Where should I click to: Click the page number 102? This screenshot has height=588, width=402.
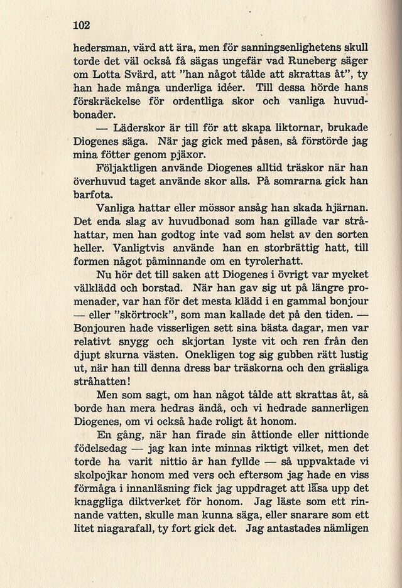(82, 26)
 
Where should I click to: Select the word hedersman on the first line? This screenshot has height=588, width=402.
(102, 47)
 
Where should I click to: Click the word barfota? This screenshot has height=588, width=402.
(92, 196)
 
